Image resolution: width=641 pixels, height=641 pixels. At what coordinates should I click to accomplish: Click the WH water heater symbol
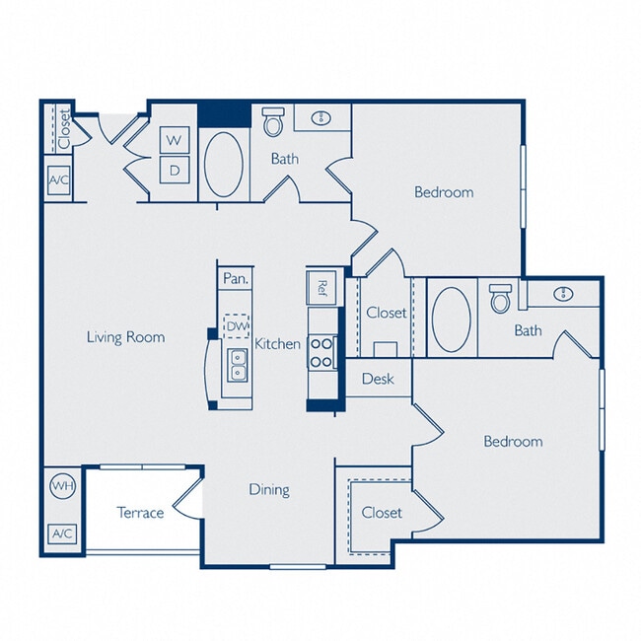coord(62,487)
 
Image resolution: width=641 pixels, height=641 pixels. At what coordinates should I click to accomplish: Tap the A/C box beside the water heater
coord(62,534)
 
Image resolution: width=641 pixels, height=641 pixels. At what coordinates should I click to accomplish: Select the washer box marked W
coord(176,140)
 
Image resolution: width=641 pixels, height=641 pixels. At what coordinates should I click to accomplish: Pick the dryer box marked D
coord(176,169)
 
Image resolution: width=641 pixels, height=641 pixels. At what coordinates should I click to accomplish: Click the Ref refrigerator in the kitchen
coord(321,287)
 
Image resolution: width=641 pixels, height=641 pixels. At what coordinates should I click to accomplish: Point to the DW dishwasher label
coord(236,325)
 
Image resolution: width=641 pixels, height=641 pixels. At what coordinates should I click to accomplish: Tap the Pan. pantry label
coord(235,279)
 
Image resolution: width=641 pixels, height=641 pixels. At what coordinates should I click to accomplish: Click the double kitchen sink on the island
coord(237,366)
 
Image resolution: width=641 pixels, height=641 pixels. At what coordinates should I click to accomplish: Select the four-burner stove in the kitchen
coord(322,352)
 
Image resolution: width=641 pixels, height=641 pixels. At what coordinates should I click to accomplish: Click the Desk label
coord(378,379)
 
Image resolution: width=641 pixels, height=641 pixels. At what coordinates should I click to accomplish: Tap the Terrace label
coord(140,513)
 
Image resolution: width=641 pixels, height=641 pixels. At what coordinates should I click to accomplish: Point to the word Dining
coord(268,489)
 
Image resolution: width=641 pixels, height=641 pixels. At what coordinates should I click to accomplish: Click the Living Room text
coord(125,337)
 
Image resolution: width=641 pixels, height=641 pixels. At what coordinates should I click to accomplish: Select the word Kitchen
coord(278,344)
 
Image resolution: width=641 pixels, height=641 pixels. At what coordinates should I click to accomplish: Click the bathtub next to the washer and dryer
coord(224,164)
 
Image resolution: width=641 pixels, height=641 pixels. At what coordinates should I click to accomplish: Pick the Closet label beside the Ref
coord(386,313)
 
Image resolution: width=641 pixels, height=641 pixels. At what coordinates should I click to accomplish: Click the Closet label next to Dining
coord(381,513)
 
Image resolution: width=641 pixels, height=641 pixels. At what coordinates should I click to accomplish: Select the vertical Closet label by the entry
coord(63,129)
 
